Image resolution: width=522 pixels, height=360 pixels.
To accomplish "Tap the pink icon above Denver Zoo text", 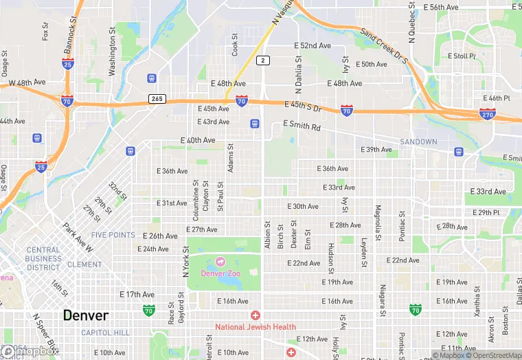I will pos(220,262).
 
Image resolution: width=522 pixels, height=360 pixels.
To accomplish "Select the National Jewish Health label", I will pos(256,327).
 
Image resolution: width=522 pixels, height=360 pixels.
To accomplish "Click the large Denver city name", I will pos(86,315).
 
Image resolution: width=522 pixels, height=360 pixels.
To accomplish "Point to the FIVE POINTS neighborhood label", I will pos(113,235).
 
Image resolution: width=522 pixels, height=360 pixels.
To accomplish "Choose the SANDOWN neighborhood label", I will pos(419,142).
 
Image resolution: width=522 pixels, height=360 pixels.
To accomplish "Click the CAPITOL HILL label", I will pos(106,333).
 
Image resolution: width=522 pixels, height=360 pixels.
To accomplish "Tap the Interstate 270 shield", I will pos(488,114).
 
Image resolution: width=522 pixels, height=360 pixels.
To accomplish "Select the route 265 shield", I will pos(157,99).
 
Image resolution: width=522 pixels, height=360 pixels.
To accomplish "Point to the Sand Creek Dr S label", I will pos(384,45).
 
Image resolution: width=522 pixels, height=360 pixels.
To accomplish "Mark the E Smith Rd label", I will pos(302,127).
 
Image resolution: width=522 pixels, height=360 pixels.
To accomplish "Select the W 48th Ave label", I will pos(27,82).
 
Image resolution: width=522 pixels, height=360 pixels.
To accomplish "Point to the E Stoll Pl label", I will pos(462,56).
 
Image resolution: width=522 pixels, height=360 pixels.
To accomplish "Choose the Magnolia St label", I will pos(377,218).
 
